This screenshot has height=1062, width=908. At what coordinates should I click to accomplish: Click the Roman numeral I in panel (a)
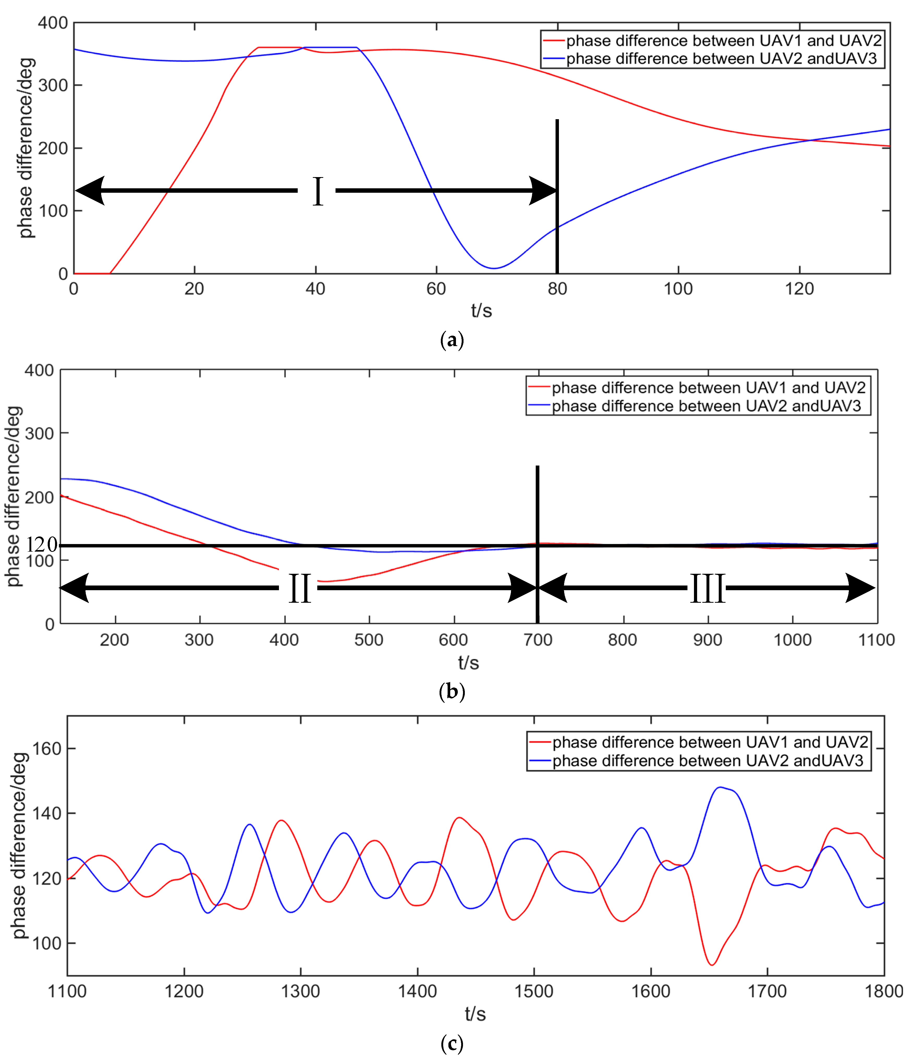pos(318,191)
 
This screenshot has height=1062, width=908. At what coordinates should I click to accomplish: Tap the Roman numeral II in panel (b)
pos(299,588)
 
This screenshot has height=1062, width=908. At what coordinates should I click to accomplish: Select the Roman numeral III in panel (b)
pos(707,588)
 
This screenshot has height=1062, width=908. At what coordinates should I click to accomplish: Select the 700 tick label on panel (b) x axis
pos(538,640)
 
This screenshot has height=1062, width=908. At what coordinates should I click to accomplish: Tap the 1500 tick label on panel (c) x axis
pos(534,991)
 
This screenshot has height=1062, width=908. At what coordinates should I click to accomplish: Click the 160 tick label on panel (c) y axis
pos(47,749)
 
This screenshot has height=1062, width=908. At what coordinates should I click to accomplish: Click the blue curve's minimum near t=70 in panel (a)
pos(493,268)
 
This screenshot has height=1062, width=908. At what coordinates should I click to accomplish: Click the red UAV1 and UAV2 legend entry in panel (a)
pos(712,40)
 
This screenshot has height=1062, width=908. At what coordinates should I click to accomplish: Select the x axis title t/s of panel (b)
pos(468,663)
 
